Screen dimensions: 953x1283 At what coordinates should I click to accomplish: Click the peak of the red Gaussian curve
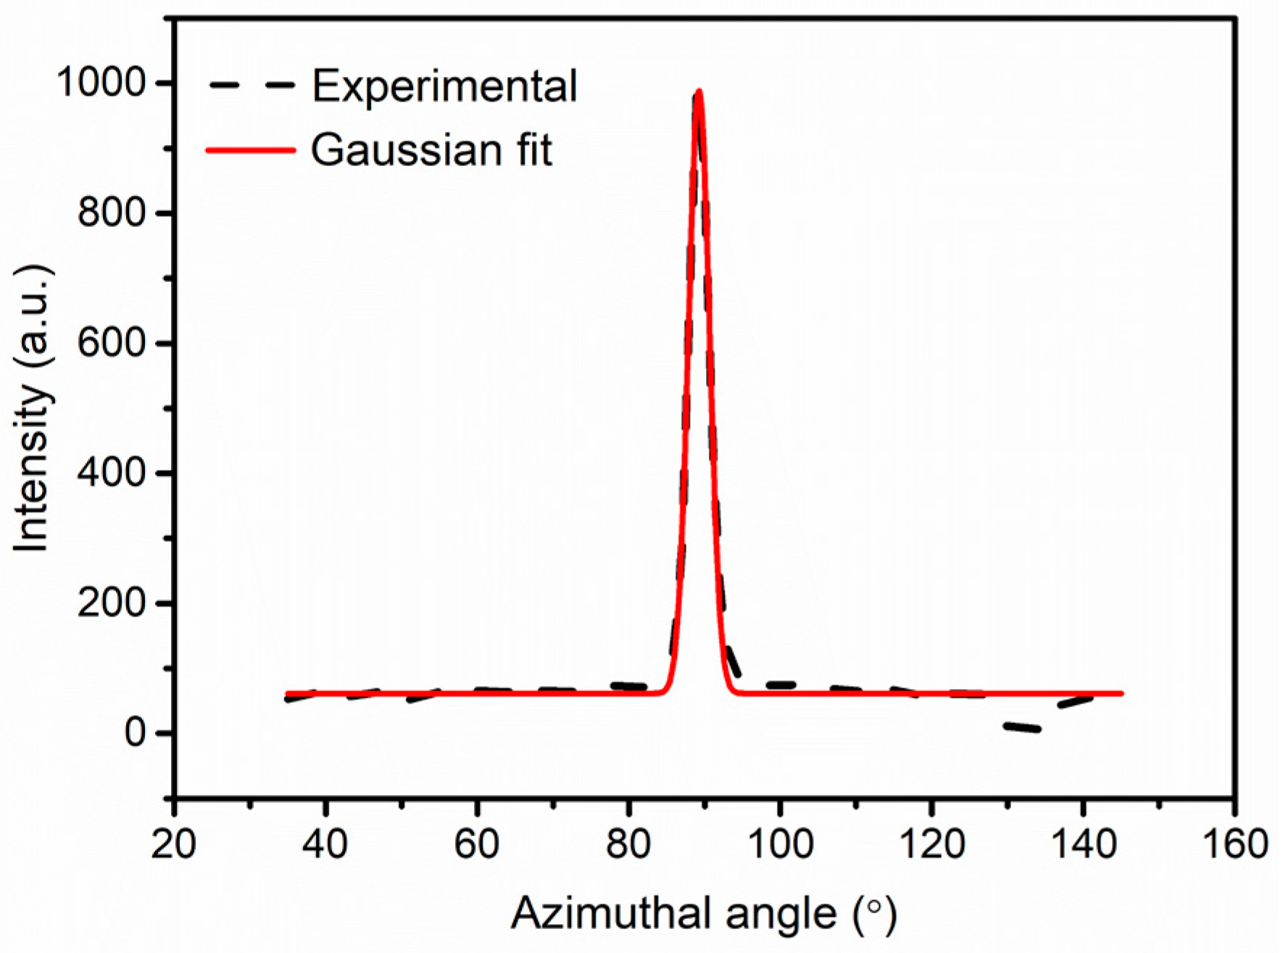pyautogui.click(x=699, y=92)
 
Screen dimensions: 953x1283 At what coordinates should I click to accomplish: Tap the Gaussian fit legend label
pyautogui.click(x=431, y=150)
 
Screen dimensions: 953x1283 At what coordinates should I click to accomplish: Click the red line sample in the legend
pyautogui.click(x=251, y=150)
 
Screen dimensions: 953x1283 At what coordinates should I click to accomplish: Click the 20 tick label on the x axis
pyautogui.click(x=174, y=844)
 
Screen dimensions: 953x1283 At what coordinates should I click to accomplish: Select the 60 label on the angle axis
pyautogui.click(x=477, y=844)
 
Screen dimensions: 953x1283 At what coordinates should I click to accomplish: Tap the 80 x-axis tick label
pyautogui.click(x=628, y=844)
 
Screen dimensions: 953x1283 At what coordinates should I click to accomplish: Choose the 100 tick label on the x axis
pyautogui.click(x=780, y=844)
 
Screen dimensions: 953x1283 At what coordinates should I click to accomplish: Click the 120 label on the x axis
pyautogui.click(x=931, y=844)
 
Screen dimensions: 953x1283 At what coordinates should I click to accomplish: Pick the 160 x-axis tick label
pyautogui.click(x=1234, y=844)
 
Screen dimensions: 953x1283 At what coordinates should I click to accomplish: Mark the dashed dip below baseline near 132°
pyautogui.click(x=1022, y=727)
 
